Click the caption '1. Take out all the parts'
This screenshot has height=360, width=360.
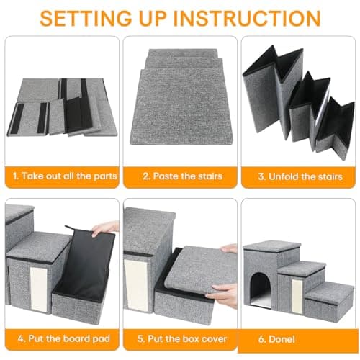click(60, 175)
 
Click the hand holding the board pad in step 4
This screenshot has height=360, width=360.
click(106, 228)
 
